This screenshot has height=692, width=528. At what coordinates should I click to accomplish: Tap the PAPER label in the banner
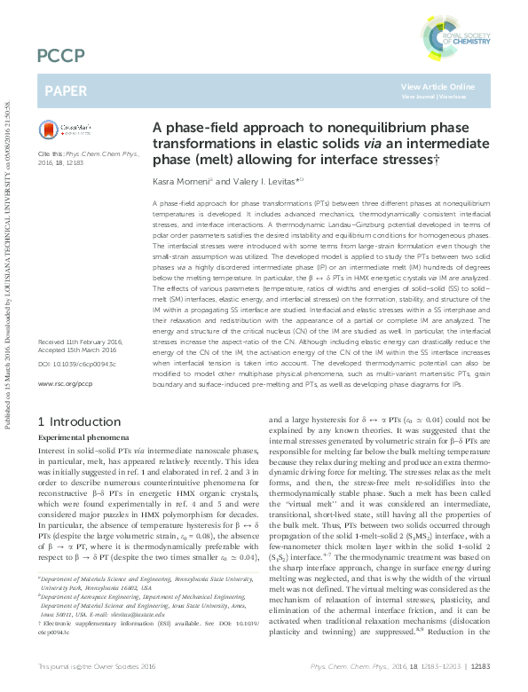click(x=67, y=90)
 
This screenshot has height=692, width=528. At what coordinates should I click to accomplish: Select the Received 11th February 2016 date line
click(x=85, y=366)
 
